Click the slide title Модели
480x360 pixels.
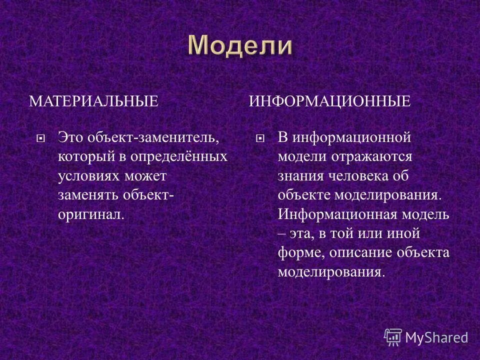coord(240,46)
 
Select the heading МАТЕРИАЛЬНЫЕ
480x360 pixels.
coord(93,101)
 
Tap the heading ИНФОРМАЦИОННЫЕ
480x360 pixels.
coord(329,101)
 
